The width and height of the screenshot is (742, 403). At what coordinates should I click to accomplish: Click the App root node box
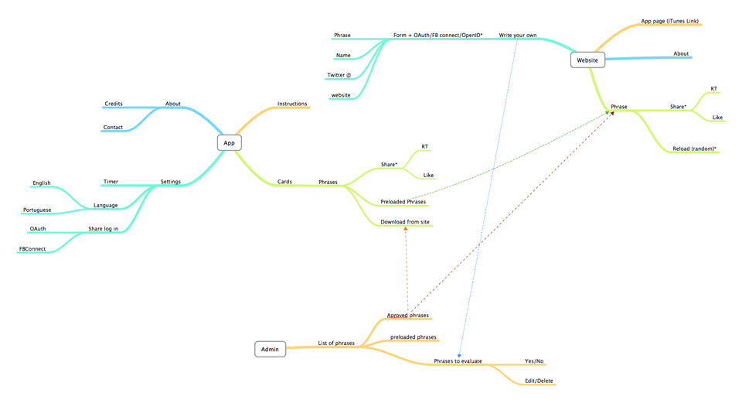click(x=229, y=143)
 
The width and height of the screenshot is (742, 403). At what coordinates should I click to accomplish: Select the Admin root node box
click(x=270, y=350)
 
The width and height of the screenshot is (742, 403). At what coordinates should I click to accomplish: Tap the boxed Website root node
click(x=587, y=60)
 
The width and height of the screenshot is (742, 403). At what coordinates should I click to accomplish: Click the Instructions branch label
click(x=292, y=104)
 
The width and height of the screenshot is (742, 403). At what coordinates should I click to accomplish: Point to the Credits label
click(x=114, y=104)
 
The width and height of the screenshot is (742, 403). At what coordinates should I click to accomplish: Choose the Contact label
click(x=113, y=128)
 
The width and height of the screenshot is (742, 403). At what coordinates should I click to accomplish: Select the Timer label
click(x=111, y=183)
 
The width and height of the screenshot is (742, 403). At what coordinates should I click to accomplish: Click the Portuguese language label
click(x=37, y=210)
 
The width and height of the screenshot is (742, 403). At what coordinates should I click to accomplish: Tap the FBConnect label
click(x=32, y=249)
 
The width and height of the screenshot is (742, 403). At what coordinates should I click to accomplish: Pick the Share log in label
click(x=104, y=229)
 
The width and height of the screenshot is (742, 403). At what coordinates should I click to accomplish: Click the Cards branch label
click(x=284, y=183)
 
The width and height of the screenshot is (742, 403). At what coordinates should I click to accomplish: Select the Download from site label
click(x=405, y=223)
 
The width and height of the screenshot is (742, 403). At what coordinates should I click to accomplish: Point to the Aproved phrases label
click(x=408, y=316)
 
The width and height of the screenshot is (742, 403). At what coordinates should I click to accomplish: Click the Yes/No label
click(x=534, y=361)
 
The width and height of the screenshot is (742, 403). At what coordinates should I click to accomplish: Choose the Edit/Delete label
click(x=539, y=381)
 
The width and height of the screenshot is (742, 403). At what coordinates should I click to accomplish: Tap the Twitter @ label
click(x=339, y=76)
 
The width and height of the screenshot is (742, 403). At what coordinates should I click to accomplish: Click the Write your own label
click(x=518, y=36)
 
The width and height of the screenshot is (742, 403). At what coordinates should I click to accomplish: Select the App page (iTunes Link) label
click(x=669, y=22)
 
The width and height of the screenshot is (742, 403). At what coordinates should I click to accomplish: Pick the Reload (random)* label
click(x=694, y=149)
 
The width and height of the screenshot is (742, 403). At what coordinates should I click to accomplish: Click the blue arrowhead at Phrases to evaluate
click(x=460, y=355)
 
